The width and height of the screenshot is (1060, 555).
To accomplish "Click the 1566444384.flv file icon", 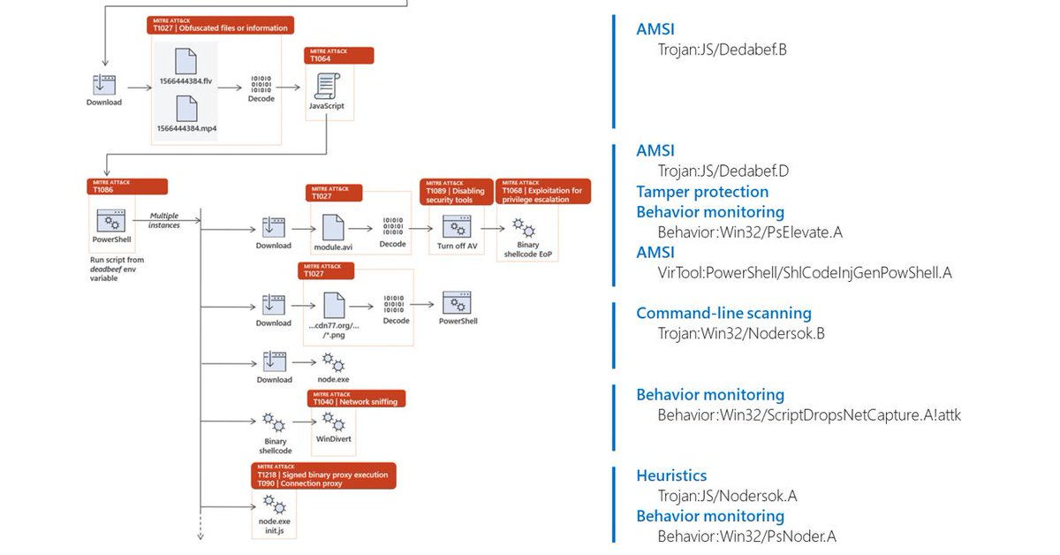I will (x=185, y=61).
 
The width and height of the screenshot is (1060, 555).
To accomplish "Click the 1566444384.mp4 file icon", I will (x=185, y=108).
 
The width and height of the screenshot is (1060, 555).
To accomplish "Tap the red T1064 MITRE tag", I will (x=339, y=56).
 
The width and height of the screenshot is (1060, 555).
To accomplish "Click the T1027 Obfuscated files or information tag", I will (x=221, y=25).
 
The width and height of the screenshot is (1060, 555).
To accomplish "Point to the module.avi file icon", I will (x=334, y=225).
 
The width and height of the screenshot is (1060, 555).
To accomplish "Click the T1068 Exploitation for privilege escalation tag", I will (x=543, y=192).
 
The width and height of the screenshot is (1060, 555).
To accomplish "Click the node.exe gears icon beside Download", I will (x=333, y=361).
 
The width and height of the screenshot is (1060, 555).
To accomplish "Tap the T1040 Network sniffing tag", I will (x=356, y=399).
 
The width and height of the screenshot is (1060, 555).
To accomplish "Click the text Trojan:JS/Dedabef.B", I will (x=722, y=49).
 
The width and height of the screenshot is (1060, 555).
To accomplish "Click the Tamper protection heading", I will (x=702, y=192).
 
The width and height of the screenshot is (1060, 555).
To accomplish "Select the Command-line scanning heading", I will (x=723, y=314).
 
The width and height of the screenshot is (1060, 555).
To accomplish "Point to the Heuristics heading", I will (x=671, y=475).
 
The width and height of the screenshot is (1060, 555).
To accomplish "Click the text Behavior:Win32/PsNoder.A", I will (x=746, y=536).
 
